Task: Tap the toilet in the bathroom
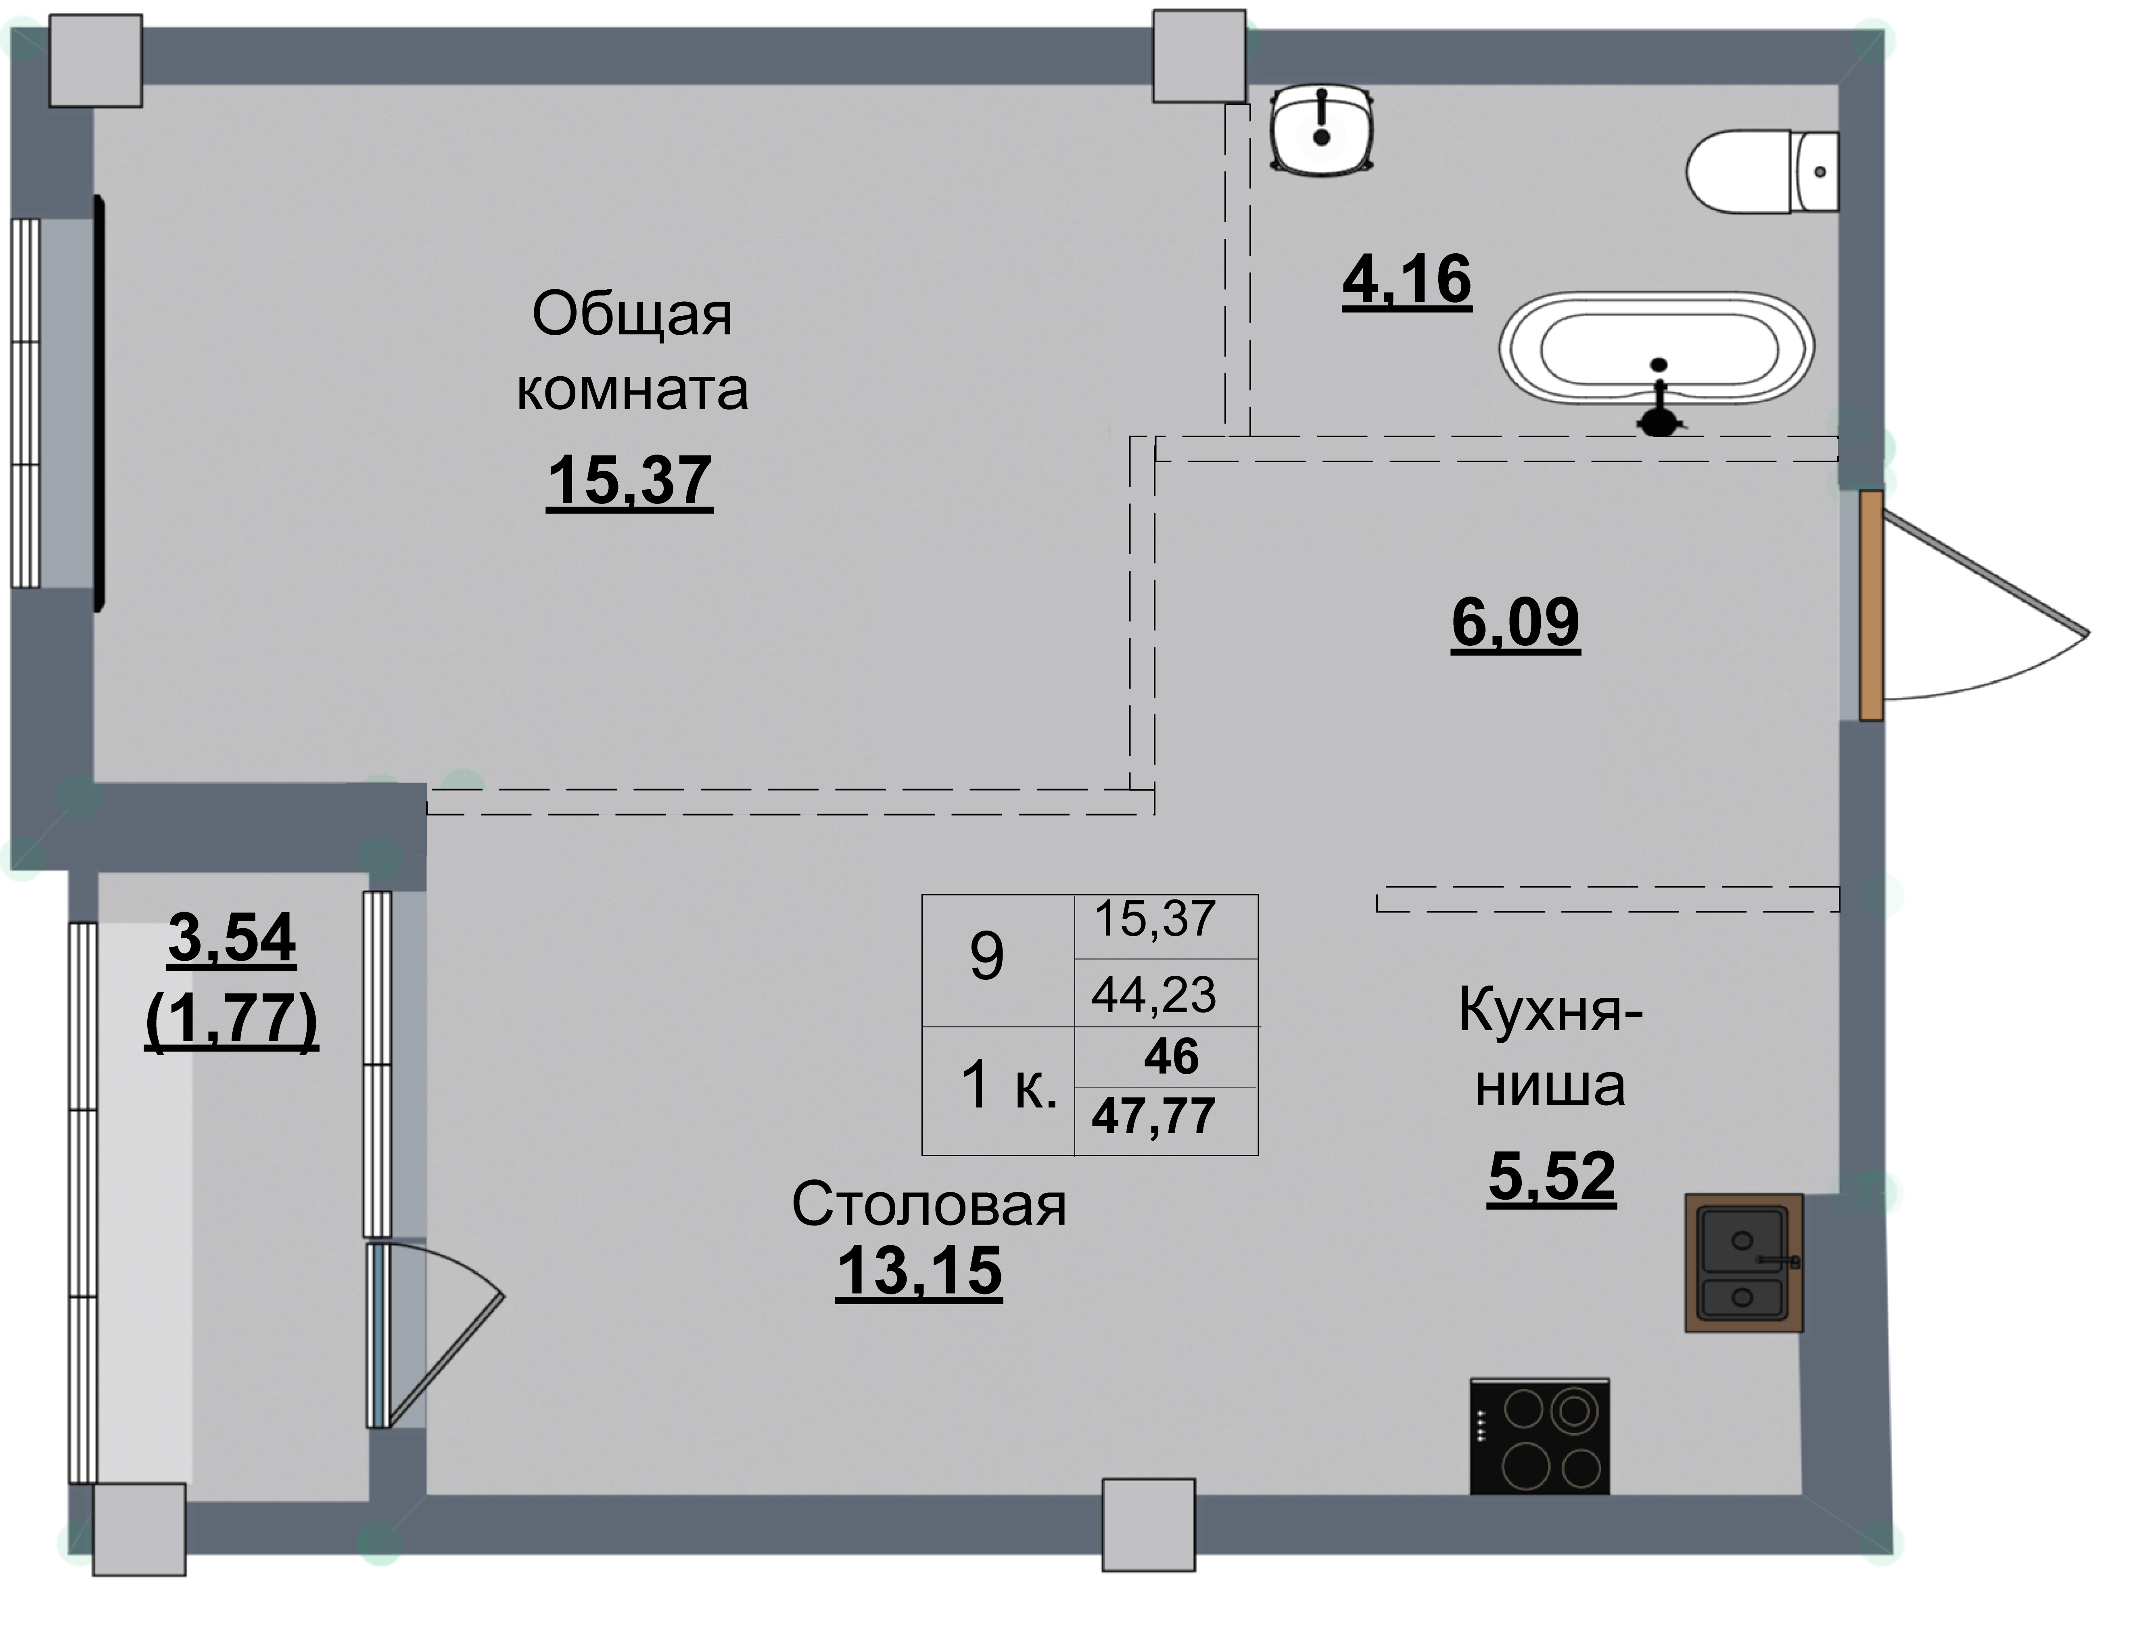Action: [x=1762, y=171]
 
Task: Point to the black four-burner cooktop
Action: [x=1539, y=1436]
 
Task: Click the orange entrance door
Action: [x=1870, y=605]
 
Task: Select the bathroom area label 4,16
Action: [x=1406, y=279]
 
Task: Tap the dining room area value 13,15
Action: [x=919, y=1271]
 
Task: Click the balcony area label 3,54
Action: [x=232, y=938]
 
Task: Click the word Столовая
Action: [x=928, y=1206]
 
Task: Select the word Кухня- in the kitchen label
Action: [x=1550, y=1012]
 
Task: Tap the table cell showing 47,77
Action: [x=1153, y=1117]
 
